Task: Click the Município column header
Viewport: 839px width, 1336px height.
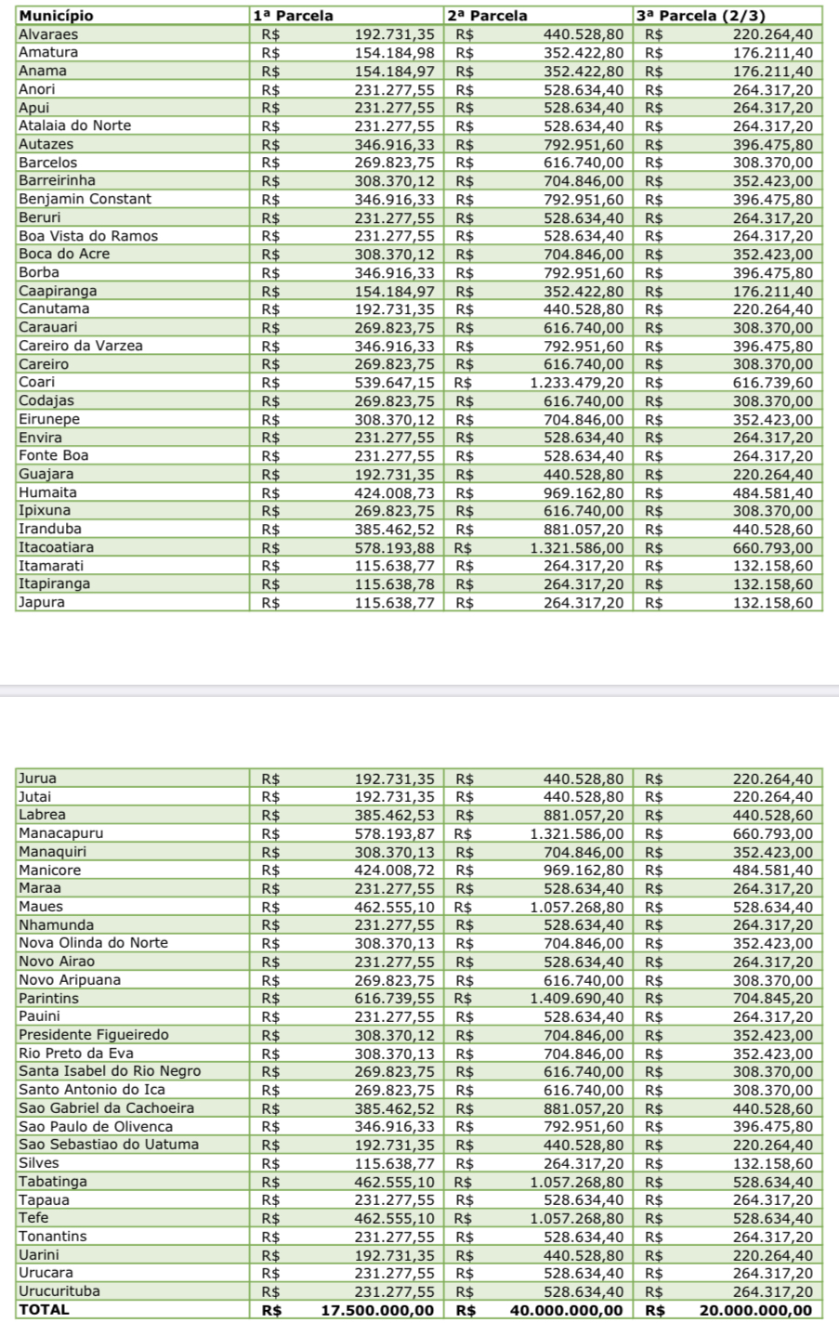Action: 56,16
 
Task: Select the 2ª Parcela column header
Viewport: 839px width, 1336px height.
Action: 487,16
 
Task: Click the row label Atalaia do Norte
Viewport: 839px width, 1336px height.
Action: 74,125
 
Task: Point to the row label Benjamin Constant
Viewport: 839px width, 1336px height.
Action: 85,199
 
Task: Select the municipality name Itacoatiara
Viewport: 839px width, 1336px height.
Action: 56,547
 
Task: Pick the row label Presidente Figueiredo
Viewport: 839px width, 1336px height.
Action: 94,1035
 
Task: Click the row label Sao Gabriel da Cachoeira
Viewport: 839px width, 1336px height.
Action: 106,1108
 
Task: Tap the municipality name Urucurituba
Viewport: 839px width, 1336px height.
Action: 59,1291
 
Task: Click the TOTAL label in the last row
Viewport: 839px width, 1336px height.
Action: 44,1310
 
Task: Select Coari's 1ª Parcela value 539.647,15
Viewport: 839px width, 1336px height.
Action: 394,383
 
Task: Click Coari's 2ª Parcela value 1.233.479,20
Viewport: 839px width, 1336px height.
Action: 577,383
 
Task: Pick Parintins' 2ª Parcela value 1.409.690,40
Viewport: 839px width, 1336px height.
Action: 577,999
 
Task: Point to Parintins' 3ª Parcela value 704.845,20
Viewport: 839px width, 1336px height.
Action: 773,999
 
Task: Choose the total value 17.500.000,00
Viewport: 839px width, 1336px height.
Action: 377,1310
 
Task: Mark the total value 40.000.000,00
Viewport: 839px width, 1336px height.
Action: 567,1310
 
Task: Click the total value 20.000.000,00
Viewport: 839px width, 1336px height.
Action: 755,1310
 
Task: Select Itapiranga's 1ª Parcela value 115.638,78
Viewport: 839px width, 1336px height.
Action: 394,584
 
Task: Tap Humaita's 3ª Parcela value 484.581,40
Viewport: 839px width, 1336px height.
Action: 773,492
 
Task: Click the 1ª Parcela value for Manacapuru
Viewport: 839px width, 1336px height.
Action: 394,833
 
